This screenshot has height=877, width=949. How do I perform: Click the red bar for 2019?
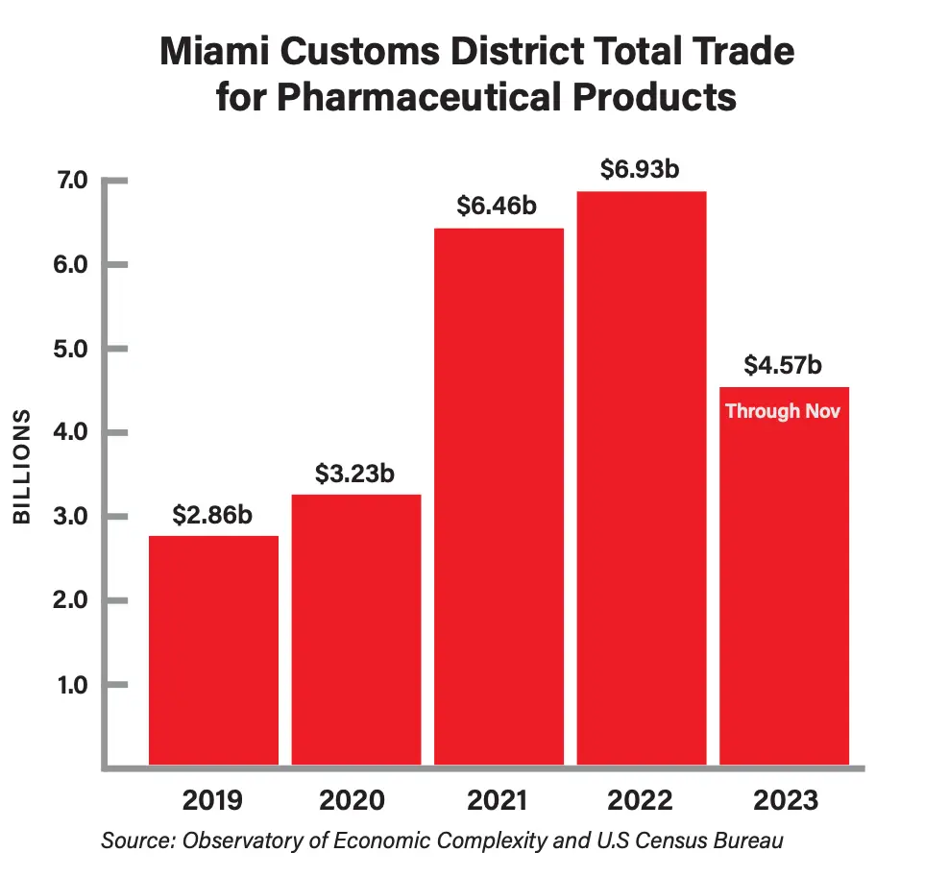pos(213,650)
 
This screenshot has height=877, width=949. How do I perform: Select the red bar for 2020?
pos(356,629)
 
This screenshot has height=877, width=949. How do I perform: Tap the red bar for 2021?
pos(499,497)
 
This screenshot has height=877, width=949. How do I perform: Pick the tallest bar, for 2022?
pos(642,478)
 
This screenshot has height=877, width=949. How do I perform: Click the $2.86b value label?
pos(212,515)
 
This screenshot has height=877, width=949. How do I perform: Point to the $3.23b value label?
pos(355,474)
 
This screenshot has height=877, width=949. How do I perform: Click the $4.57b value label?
pos(783,366)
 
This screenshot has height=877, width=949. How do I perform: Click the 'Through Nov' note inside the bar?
pos(783,411)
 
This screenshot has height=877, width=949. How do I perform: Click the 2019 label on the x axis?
pos(212,800)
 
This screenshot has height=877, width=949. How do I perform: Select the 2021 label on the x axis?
pos(499,800)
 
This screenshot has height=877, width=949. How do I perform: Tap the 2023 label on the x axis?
pos(785,800)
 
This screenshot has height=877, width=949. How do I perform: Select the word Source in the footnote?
pos(133,841)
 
